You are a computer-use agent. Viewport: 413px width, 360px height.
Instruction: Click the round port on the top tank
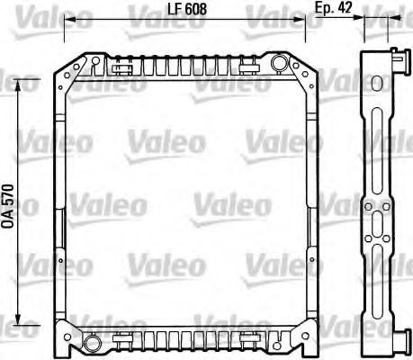click(280, 62)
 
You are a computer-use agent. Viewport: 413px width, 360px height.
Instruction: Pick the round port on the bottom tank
click(93, 341)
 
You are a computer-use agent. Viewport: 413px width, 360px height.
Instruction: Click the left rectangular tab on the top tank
click(124, 66)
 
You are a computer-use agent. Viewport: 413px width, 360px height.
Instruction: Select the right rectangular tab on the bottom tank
click(249, 337)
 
